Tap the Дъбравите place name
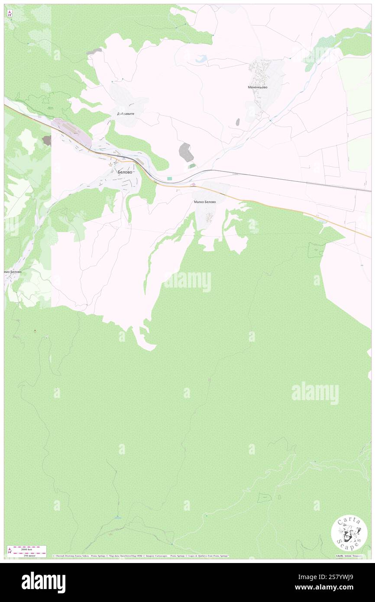[126, 114]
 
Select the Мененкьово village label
[258, 87]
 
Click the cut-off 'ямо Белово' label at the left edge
[13, 272]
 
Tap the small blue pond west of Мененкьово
[201, 60]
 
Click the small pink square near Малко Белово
[193, 185]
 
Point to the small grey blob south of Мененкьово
[237, 123]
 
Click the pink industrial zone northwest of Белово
[71, 132]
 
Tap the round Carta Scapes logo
[349, 533]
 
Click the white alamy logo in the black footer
[43, 582]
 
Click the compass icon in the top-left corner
[10, 13]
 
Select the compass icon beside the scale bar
[10, 551]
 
